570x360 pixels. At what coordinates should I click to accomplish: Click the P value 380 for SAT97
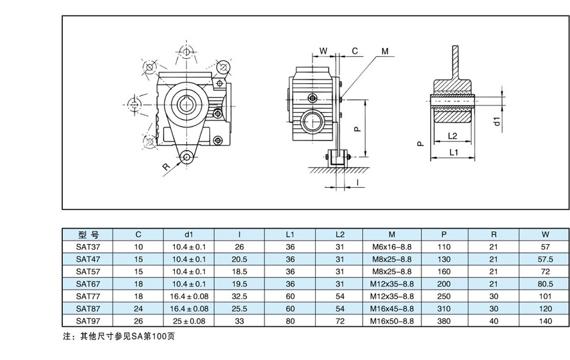[444, 321]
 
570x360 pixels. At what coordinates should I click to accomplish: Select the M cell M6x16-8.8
[393, 247]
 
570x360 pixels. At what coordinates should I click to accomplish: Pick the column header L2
[340, 234]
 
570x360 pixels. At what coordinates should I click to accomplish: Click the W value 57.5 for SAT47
[546, 259]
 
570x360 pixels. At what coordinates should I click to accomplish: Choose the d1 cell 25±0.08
[188, 321]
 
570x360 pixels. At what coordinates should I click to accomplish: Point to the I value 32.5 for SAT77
[239, 297]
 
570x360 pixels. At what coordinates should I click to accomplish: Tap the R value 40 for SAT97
[493, 321]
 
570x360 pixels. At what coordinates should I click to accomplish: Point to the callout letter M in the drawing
[384, 51]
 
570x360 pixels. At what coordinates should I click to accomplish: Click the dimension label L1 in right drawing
[453, 152]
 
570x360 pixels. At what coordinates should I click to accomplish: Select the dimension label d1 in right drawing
[497, 121]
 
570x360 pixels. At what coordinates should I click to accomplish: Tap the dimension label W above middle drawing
[323, 51]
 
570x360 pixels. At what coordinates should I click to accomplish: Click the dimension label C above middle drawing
[355, 51]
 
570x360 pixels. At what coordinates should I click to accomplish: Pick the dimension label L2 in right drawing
[452, 136]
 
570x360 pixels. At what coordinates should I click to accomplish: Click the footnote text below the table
[118, 336]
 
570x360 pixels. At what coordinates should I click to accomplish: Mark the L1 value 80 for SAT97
[290, 321]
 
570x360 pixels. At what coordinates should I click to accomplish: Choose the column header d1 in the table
[188, 234]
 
